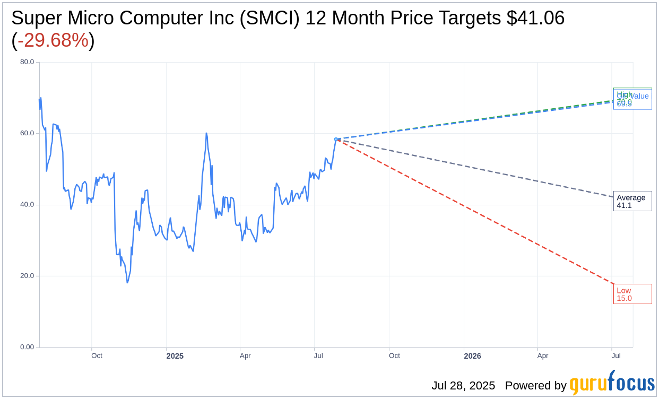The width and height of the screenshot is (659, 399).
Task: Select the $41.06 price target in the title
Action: click(x=535, y=18)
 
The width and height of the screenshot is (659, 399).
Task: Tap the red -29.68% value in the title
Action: click(x=53, y=40)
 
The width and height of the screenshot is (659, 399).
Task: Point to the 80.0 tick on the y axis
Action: click(x=27, y=62)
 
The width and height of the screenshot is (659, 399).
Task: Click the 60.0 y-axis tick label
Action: click(x=27, y=133)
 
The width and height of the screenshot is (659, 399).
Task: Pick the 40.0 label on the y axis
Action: click(x=27, y=204)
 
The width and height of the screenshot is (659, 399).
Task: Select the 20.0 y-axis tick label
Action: click(x=27, y=276)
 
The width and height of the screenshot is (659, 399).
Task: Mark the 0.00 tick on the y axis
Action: click(x=27, y=347)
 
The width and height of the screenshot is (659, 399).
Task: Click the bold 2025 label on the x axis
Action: click(x=175, y=356)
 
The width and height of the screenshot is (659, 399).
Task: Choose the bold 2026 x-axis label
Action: click(x=472, y=356)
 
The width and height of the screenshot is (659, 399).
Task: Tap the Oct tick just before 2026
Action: click(x=394, y=355)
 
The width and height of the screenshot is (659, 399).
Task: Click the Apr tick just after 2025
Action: click(x=245, y=355)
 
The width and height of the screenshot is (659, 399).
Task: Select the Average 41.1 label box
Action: click(x=632, y=201)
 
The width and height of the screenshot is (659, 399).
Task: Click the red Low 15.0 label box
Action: click(x=632, y=294)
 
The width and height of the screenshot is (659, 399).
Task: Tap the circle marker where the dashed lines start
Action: click(x=336, y=139)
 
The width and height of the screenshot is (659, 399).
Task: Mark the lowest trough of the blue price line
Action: click(x=127, y=282)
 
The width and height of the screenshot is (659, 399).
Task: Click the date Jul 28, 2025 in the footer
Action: click(x=463, y=385)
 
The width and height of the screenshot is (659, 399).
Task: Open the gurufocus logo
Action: click(x=612, y=383)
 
